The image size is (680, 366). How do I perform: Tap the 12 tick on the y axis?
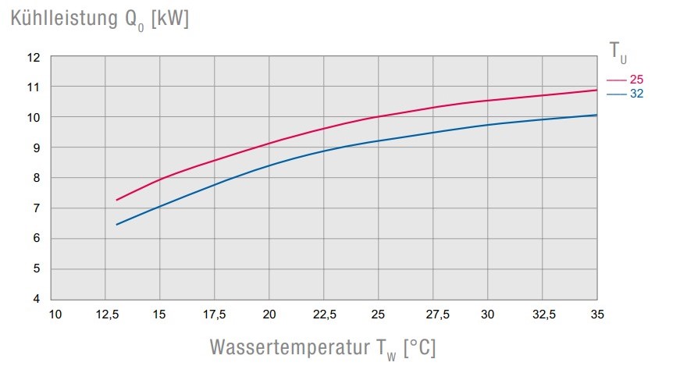[x=33, y=57]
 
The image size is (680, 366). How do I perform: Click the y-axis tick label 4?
[x=36, y=299]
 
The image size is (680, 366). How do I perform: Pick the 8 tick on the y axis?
[x=36, y=178]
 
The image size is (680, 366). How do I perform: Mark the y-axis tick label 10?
[x=33, y=117]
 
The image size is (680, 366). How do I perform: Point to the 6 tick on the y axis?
[x=36, y=238]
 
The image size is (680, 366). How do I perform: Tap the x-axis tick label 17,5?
[x=215, y=314]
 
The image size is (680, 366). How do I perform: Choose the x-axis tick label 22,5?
[x=324, y=314]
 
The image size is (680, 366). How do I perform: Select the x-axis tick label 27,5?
[x=433, y=314]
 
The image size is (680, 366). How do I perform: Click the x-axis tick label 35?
[x=597, y=314]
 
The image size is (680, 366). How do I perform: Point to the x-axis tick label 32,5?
[x=543, y=314]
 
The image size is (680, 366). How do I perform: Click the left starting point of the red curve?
[x=116, y=201]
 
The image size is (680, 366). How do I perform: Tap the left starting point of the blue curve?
[x=116, y=225]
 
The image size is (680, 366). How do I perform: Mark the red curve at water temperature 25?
[x=379, y=117]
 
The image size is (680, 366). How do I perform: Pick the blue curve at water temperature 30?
[x=488, y=125]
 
